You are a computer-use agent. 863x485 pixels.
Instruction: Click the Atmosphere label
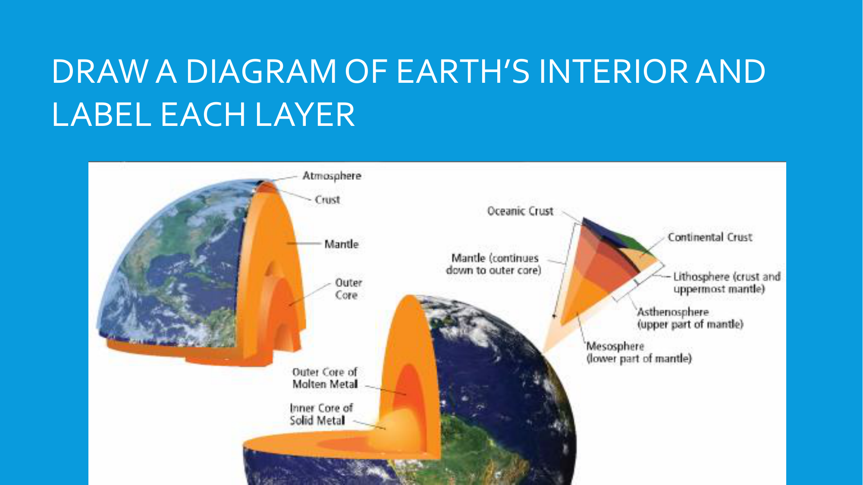332,176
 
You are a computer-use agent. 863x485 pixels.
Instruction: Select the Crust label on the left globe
327,200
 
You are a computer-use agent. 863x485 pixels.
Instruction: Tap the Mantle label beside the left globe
342,244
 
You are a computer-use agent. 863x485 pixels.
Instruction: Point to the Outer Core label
348,289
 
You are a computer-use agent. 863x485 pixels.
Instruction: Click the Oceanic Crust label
520,211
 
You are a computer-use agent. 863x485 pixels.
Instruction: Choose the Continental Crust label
710,237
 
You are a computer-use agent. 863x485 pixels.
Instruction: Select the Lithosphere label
727,283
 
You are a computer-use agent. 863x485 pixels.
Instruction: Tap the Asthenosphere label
690,318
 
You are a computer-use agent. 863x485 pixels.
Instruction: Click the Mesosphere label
639,353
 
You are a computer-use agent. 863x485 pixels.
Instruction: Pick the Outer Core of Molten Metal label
325,378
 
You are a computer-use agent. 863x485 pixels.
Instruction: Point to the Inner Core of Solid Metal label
321,414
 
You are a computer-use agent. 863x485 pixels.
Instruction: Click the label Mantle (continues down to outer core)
494,264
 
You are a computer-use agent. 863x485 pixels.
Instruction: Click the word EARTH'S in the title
463,72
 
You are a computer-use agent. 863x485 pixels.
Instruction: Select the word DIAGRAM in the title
261,72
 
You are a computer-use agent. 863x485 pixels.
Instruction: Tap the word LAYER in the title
305,115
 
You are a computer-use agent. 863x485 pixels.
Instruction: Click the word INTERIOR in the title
613,72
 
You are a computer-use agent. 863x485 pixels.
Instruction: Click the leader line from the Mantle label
304,244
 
